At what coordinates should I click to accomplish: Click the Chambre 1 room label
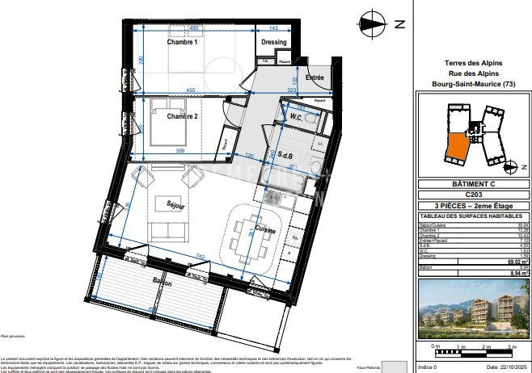(x=182, y=43)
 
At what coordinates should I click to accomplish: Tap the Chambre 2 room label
(x=183, y=116)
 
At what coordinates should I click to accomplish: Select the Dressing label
(x=274, y=43)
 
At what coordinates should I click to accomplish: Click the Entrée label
(x=314, y=78)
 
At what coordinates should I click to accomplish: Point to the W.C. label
(x=296, y=118)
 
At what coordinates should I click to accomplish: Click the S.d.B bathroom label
(x=285, y=155)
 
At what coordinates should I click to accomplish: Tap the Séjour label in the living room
(x=176, y=206)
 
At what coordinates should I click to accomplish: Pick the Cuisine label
(x=265, y=230)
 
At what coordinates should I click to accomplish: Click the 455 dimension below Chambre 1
(x=188, y=90)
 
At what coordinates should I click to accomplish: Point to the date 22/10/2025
(x=501, y=367)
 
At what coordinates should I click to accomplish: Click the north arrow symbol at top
(x=373, y=23)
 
